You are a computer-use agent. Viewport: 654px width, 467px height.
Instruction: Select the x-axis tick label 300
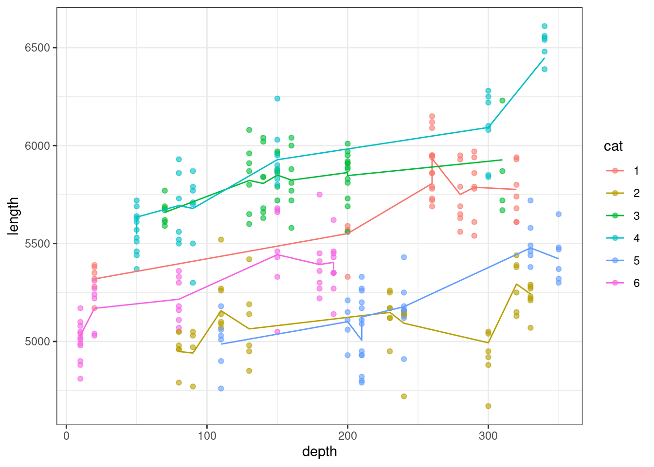[488, 436]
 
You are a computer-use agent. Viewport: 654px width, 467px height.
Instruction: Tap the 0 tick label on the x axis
[67, 436]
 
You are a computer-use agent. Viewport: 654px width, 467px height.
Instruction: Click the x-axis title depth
[319, 451]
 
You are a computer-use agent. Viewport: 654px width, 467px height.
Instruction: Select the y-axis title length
[14, 216]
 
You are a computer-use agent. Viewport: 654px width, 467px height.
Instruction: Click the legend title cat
[613, 146]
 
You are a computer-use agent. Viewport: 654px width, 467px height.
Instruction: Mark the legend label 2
[636, 193]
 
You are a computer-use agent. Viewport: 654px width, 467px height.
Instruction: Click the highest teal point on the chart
[545, 26]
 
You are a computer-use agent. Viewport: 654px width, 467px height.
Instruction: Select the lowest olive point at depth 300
[488, 406]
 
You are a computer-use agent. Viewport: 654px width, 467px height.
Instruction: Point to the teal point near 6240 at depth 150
[277, 98]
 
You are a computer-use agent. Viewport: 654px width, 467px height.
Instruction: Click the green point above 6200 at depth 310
[502, 101]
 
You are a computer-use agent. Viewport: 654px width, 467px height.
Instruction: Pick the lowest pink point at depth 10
[80, 378]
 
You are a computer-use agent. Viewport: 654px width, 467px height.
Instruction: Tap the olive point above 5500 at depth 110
[221, 240]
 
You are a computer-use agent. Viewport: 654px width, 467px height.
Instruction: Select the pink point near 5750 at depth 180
[319, 195]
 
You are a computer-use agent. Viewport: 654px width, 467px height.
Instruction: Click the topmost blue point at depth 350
[559, 214]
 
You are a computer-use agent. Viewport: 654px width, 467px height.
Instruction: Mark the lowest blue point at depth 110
[221, 388]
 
